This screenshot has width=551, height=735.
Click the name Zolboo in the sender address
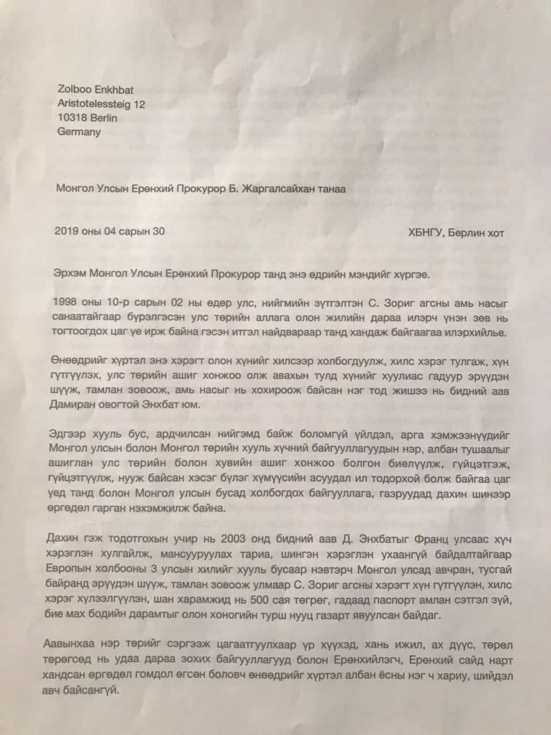point(74,91)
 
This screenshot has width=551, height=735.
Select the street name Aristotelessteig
point(92,105)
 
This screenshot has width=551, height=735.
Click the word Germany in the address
point(79,132)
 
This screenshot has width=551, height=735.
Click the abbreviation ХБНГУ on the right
point(426,233)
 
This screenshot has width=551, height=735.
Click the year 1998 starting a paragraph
point(64,302)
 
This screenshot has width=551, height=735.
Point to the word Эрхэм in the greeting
point(67,274)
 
